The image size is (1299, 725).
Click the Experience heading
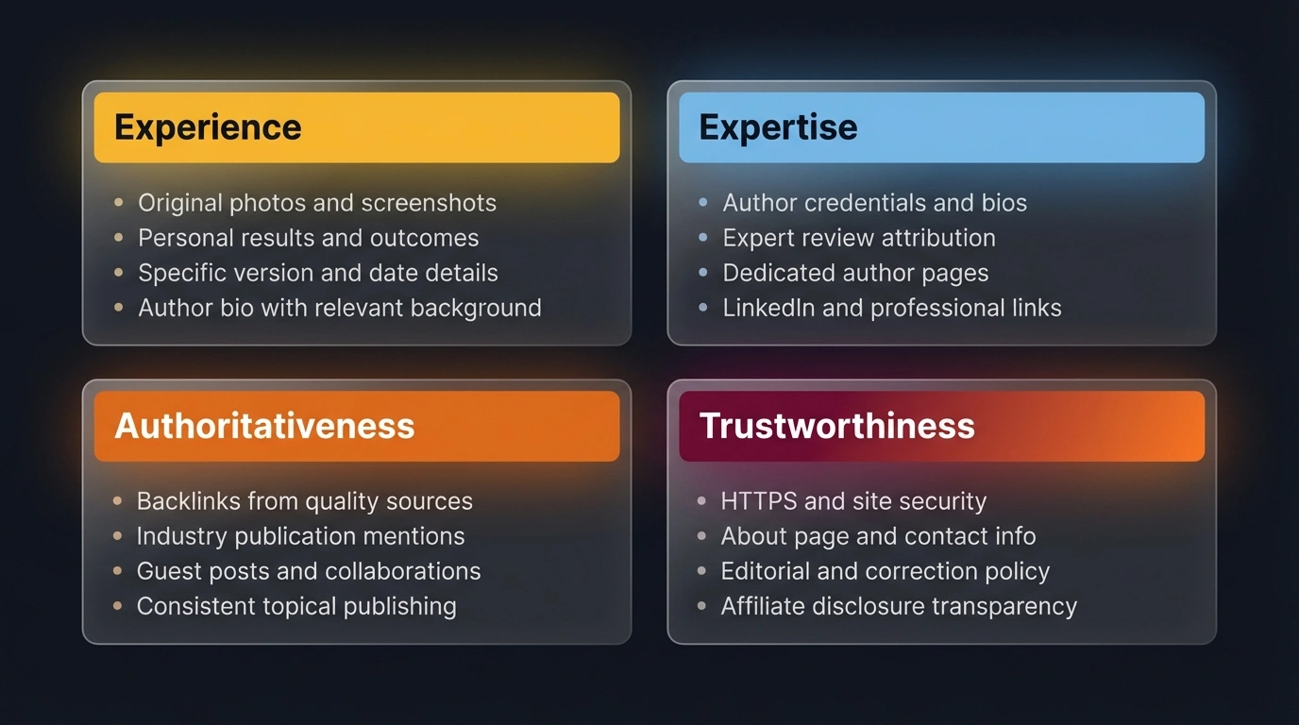pos(208,127)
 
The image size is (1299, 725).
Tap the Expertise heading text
pos(778,127)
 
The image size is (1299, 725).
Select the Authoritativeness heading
pos(264,426)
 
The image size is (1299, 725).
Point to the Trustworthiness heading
pos(836,426)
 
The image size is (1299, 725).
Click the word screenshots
pos(429,203)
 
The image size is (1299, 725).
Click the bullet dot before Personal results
pos(119,237)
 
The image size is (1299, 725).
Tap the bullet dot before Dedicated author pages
pos(703,272)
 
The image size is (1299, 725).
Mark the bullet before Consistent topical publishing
pos(118,606)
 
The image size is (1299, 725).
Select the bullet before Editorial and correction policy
pos(701,571)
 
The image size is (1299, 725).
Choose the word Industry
pos(182,536)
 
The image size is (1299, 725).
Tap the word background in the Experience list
pos(476,309)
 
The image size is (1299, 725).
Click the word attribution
pos(938,238)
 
